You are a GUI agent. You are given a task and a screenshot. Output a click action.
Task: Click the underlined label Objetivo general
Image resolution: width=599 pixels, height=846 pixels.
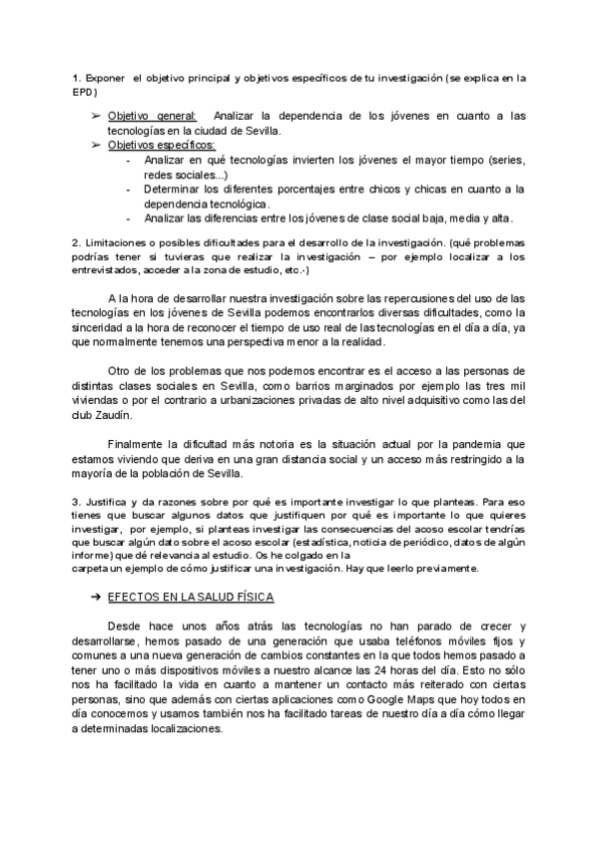click(x=152, y=116)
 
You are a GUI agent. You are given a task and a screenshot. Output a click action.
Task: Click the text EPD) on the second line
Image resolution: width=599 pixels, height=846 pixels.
click(x=84, y=92)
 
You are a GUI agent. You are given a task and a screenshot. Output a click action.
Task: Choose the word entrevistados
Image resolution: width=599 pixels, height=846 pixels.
click(x=105, y=270)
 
